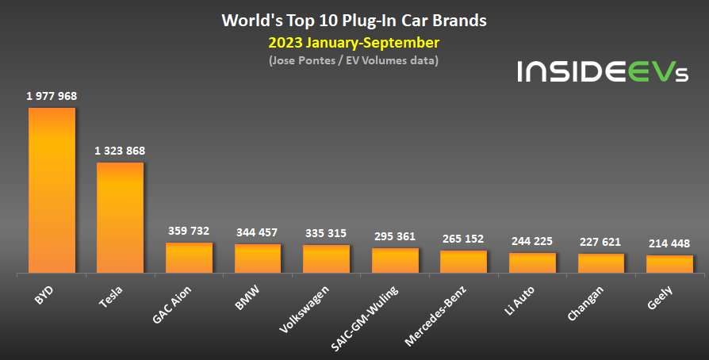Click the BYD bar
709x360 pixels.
[x=52, y=190]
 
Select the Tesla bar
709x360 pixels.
[x=121, y=218]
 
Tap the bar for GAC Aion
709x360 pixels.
[x=189, y=258]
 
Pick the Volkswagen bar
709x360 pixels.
[x=326, y=259]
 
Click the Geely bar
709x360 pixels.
[x=669, y=264]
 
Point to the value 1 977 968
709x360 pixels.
[x=52, y=96]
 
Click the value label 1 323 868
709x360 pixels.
[x=121, y=151]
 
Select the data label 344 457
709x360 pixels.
[x=257, y=232]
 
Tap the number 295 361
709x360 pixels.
[x=394, y=236]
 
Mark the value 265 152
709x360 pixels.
[x=463, y=239]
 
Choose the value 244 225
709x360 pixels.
[x=531, y=241]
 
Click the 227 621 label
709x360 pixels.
[x=600, y=242]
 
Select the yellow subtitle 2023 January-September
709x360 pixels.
[x=354, y=41]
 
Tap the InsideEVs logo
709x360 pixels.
[x=603, y=73]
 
